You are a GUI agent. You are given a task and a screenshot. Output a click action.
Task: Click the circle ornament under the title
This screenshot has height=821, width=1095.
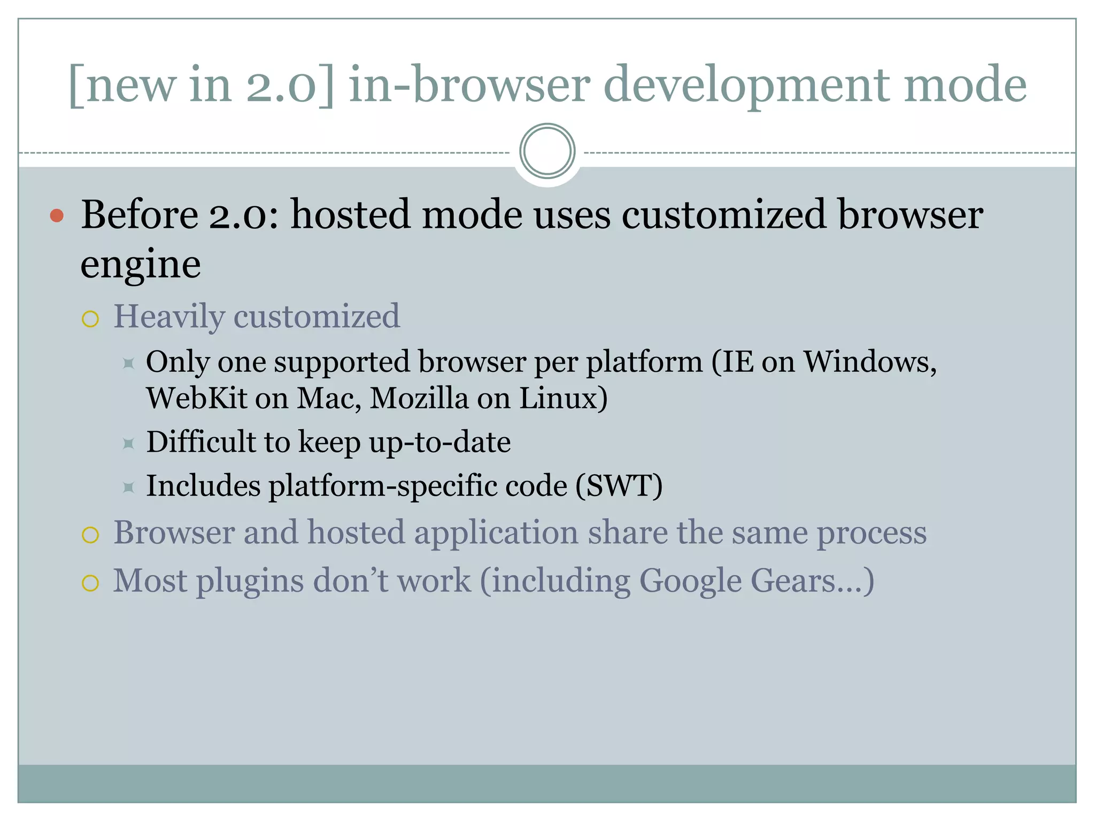pos(547,151)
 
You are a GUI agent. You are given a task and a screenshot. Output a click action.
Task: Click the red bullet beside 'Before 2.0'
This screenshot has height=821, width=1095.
pos(57,215)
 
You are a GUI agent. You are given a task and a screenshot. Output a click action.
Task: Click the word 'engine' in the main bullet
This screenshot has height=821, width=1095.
pos(141,265)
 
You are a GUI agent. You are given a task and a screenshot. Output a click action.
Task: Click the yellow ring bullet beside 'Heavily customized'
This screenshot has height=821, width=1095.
pos(90,319)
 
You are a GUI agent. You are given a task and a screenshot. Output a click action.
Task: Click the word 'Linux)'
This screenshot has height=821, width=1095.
pos(564,398)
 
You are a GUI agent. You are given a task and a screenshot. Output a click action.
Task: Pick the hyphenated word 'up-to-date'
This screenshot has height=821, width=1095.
pos(439,442)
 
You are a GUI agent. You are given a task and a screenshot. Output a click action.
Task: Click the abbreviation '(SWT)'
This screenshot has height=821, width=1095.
pos(619,486)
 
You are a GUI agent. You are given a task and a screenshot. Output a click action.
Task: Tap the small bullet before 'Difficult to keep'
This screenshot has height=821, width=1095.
pos(128,444)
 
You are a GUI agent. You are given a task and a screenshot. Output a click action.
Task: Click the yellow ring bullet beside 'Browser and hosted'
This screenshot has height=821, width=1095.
pos(90,535)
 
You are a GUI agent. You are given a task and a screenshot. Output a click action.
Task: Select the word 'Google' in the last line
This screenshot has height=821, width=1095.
pos(690,581)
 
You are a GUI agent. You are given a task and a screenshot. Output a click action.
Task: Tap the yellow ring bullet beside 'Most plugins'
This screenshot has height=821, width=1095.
pos(90,583)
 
